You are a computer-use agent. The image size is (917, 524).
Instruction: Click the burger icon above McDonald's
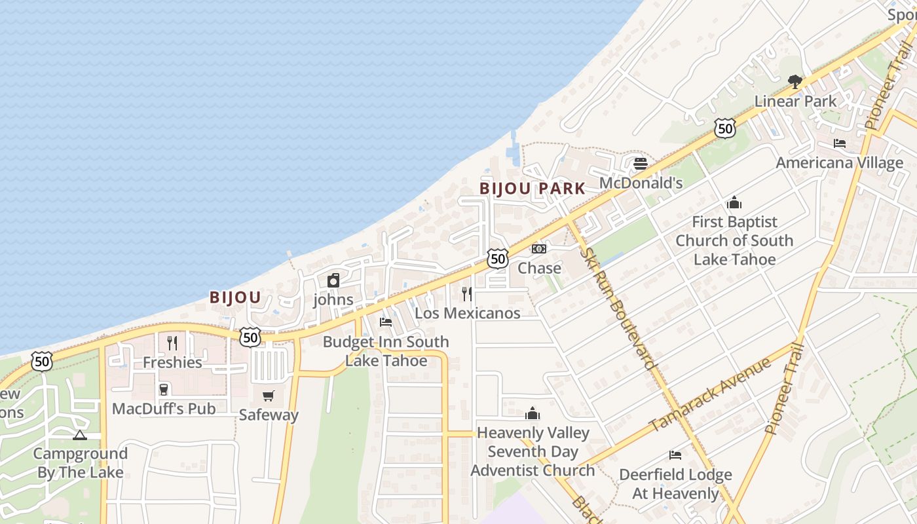click(x=641, y=163)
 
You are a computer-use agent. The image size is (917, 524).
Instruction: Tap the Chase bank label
click(x=539, y=268)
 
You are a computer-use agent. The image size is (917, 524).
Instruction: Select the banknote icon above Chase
click(x=539, y=249)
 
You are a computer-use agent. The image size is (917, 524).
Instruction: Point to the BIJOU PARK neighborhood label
click(x=533, y=189)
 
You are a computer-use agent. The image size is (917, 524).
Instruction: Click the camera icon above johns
click(x=333, y=281)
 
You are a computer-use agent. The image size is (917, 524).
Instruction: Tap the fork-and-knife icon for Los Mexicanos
click(x=467, y=293)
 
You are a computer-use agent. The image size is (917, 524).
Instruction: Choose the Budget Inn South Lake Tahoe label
click(x=386, y=351)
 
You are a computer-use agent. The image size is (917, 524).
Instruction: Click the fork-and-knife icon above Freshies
click(x=172, y=343)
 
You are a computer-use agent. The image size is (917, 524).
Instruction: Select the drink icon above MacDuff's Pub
click(x=164, y=390)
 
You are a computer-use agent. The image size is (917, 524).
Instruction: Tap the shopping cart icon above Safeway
click(x=268, y=396)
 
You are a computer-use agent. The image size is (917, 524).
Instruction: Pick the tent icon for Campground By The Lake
click(x=80, y=435)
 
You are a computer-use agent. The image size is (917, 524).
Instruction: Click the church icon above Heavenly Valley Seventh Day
click(x=533, y=414)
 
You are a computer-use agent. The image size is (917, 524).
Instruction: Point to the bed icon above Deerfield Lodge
click(x=675, y=455)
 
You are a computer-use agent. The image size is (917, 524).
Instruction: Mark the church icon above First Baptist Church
click(x=734, y=202)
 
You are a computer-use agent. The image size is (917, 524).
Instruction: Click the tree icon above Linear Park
click(x=795, y=82)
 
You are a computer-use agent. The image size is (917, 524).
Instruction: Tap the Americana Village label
click(x=839, y=162)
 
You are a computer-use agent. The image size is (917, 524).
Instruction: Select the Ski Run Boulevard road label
click(x=619, y=308)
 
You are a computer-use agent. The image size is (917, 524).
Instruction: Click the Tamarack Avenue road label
click(x=711, y=395)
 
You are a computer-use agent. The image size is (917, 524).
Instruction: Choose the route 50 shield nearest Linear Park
click(x=725, y=128)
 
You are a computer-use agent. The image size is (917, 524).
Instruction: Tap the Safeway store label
click(x=269, y=415)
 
